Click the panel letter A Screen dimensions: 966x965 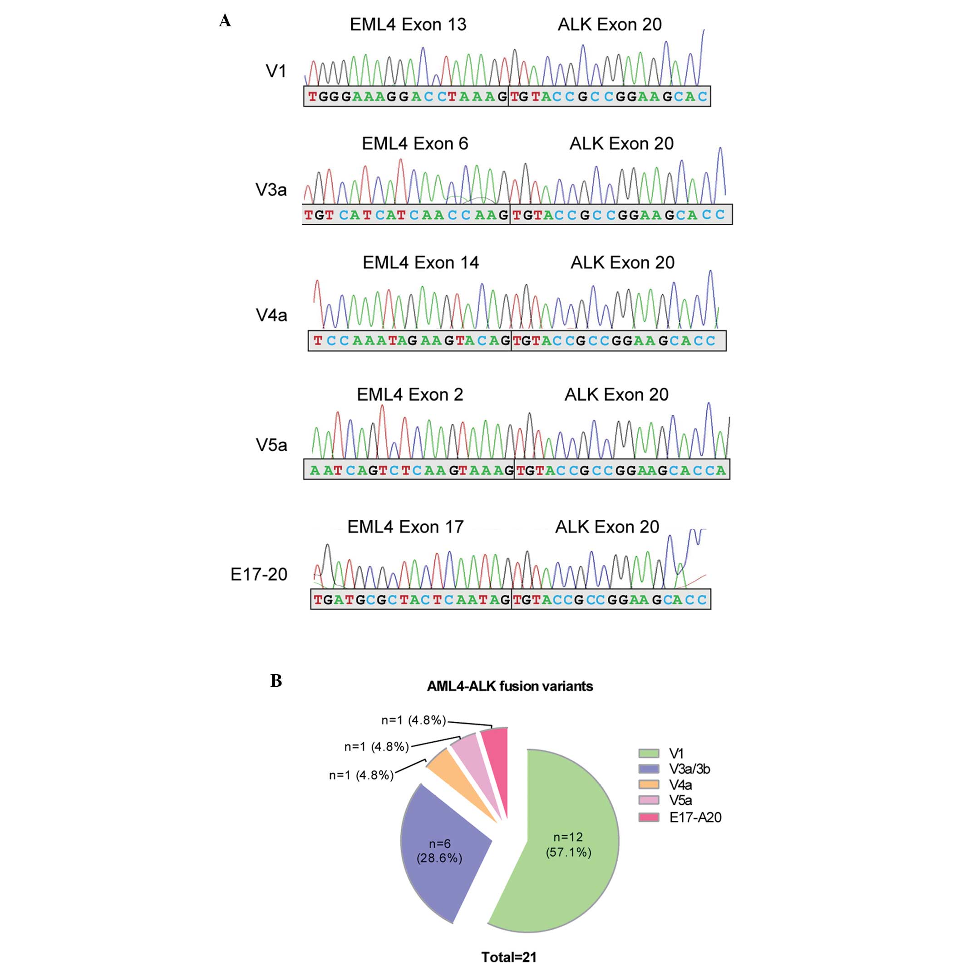coord(225,21)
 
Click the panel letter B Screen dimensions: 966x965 coord(276,680)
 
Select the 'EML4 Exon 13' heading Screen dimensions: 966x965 coord(408,25)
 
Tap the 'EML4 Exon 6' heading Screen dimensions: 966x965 coord(415,144)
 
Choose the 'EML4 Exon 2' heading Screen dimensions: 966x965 coord(409,395)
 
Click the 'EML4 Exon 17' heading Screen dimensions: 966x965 coord(405,527)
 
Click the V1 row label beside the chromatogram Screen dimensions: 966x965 coord(276,72)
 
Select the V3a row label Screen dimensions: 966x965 coord(271,190)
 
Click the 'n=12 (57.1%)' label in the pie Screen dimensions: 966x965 coord(568,844)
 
